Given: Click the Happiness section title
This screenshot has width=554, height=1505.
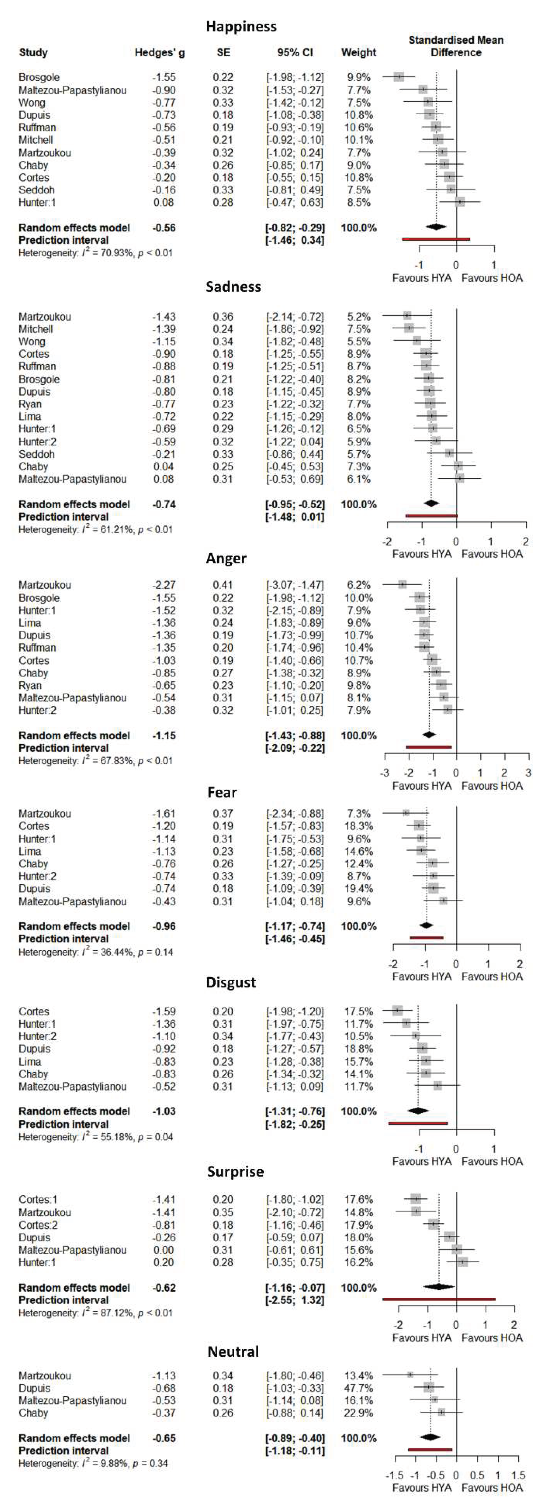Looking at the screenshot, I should (x=241, y=26).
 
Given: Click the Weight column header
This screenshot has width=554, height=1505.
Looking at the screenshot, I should (x=358, y=53).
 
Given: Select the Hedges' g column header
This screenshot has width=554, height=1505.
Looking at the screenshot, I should (x=160, y=53).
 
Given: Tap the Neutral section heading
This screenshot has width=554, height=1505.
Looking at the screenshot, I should (x=233, y=1351).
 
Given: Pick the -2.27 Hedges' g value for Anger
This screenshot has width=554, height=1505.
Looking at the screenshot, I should (x=164, y=585).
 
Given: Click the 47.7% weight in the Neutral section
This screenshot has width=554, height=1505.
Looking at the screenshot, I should (x=358, y=1388).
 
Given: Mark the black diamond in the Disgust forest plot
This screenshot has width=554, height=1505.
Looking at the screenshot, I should (x=418, y=1111).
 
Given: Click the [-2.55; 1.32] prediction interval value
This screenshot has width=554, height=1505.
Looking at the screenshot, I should (x=295, y=1300).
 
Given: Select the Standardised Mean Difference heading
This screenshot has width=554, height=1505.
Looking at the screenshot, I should (x=456, y=46).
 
